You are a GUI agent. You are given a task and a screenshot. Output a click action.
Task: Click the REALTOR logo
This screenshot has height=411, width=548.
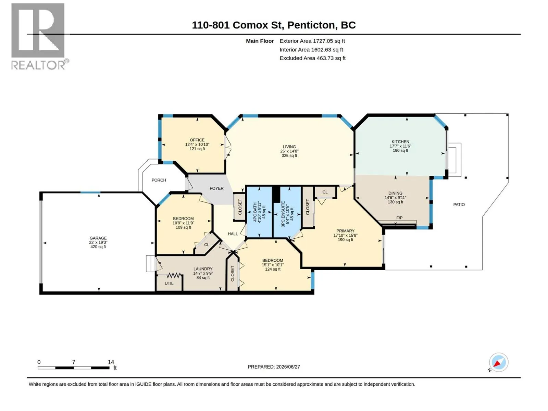point(39,36)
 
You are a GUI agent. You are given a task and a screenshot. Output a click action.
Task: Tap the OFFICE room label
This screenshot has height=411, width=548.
point(197,140)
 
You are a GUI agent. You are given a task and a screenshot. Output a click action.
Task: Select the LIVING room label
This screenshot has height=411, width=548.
point(289,147)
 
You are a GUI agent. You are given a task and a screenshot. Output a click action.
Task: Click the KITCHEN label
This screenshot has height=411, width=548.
point(400,141)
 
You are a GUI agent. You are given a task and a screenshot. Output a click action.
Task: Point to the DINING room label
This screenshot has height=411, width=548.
point(395,193)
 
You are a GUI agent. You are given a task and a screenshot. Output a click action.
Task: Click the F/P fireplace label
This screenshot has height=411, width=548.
point(399,218)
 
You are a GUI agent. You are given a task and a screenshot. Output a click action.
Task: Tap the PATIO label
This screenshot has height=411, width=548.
point(459,204)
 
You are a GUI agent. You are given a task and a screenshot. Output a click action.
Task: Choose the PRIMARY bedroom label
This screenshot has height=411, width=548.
point(345,231)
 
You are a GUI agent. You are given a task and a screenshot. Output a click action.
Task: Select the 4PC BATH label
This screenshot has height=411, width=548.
point(255,212)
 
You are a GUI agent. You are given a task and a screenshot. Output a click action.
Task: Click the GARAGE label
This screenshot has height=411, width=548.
point(98,238)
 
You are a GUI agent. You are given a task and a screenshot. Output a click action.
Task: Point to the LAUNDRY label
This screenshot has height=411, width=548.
point(203,269)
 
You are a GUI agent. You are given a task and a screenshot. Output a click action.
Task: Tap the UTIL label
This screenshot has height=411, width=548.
point(169,283)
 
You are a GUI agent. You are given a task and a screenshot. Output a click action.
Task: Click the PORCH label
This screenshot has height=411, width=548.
point(159,180)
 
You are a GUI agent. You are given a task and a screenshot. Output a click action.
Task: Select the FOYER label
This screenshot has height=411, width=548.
point(216,188)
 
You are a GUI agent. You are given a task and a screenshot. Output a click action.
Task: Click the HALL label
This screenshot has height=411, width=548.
point(233,234)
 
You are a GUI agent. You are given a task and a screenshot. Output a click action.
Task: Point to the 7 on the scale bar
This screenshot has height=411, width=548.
point(74,362)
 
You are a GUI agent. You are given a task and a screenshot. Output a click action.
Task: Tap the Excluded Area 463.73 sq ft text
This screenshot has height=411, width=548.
point(312,58)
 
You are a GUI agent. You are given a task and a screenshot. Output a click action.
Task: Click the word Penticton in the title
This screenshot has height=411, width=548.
point(311,25)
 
